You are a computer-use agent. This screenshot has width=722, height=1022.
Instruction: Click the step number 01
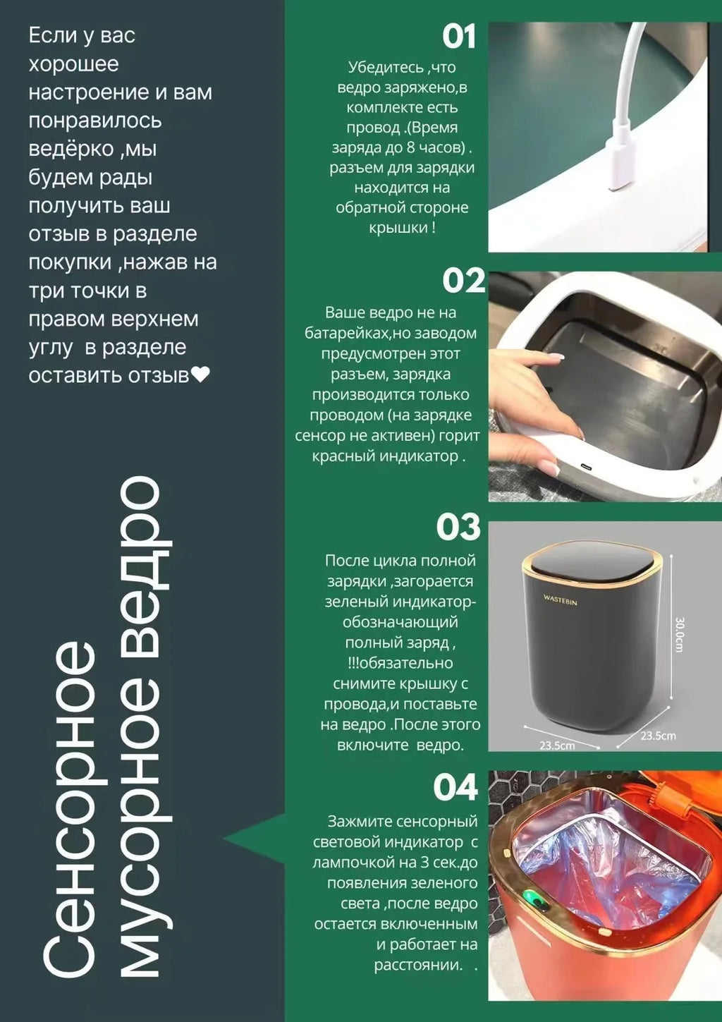pyautogui.click(x=459, y=37)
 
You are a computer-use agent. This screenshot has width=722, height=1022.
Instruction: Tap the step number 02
pyautogui.click(x=463, y=281)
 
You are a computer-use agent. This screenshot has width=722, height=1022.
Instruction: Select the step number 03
pyautogui.click(x=458, y=527)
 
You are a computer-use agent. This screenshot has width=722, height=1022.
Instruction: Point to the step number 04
pyautogui.click(x=455, y=788)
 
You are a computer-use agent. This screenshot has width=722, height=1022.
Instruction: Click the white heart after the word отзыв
pyautogui.click(x=201, y=375)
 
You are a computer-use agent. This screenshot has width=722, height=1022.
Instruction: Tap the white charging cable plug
pyautogui.click(x=620, y=162)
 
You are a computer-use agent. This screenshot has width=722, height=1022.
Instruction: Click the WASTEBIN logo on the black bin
pyautogui.click(x=560, y=600)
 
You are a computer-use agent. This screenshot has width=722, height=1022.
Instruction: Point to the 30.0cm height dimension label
pyautogui.click(x=680, y=634)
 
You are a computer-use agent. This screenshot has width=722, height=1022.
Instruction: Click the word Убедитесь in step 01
pyautogui.click(x=384, y=68)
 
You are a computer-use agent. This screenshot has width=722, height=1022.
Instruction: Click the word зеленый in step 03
pyautogui.click(x=356, y=602)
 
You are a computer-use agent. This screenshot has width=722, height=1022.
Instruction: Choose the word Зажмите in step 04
pyautogui.click(x=357, y=822)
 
